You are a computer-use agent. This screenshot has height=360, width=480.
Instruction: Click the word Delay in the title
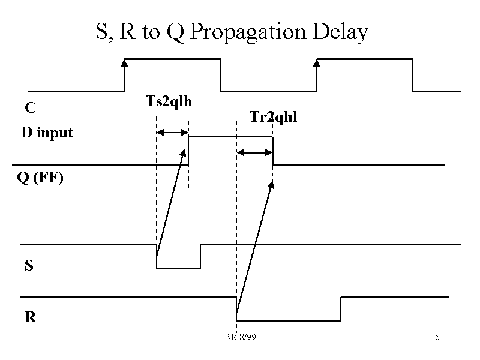pos(340,32)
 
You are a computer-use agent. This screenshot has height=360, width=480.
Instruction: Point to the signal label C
pos(30,108)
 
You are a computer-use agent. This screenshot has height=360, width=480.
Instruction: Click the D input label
pos(47,133)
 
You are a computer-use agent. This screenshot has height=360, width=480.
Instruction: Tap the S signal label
pos(29,265)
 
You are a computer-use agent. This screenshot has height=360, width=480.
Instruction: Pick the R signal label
pos(30,317)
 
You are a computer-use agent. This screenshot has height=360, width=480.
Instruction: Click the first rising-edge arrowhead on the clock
pos(124,61)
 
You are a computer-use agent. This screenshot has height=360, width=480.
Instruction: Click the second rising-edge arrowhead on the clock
pos(317,61)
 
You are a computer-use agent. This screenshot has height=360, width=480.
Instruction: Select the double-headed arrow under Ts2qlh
pos(172,133)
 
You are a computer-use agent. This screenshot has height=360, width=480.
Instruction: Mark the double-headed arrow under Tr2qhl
pos(254,152)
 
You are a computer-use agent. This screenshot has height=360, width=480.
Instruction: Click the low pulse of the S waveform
pos(178,268)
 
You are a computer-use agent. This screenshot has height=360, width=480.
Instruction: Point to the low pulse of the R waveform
pos(288,320)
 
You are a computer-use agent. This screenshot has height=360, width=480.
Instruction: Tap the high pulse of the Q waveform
pos(230,137)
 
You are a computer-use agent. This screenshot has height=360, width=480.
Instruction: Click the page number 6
pos(437,337)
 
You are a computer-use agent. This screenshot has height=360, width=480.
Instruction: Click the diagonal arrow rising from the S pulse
pos(171,204)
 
